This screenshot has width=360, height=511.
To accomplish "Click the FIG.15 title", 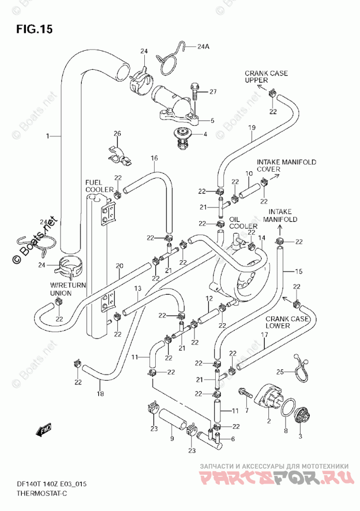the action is pyautogui.click(x=35, y=29).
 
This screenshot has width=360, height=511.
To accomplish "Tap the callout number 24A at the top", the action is pyautogui.click(x=203, y=47).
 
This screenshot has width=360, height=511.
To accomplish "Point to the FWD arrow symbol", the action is pyautogui.click(x=44, y=430).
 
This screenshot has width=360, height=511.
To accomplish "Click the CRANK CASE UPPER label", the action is pyautogui.click(x=266, y=77).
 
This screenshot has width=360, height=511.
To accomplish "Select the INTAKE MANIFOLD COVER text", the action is pyautogui.click(x=287, y=165).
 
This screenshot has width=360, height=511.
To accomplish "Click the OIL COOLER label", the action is pyautogui.click(x=243, y=222).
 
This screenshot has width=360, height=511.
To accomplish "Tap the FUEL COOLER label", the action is pyautogui.click(x=99, y=186).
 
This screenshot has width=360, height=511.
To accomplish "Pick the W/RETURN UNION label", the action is pyautogui.click(x=68, y=289).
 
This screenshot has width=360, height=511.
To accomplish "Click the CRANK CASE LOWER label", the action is pyautogui.click(x=287, y=322).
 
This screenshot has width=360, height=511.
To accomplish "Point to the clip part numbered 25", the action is pyautogui.click(x=302, y=368).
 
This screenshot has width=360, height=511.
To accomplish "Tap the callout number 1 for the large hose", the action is pyautogui.click(x=48, y=136).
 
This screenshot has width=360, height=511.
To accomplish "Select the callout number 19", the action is pyautogui.click(x=252, y=128).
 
